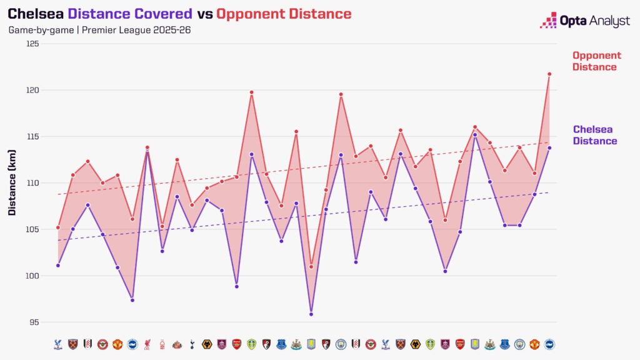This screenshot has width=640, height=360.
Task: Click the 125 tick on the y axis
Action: (x=32, y=44)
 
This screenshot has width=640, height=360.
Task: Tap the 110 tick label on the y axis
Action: (x=32, y=183)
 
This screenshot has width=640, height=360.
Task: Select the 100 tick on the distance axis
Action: (x=32, y=276)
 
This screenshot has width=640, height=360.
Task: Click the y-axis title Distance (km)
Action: (x=12, y=183)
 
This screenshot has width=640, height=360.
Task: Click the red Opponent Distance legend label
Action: (x=596, y=61)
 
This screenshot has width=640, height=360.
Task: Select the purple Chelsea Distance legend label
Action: (x=594, y=135)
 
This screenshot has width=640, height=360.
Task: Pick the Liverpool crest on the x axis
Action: (x=147, y=344)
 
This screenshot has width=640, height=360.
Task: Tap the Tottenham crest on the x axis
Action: (x=192, y=344)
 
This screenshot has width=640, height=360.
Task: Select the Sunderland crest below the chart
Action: (x=177, y=344)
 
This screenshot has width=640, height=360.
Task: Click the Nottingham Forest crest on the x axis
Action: (x=162, y=344)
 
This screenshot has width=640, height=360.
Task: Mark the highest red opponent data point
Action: (x=549, y=74)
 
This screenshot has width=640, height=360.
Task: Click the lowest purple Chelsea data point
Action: (x=311, y=314)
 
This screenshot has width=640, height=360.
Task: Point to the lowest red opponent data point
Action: (x=311, y=267)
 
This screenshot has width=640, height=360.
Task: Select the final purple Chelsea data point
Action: (x=549, y=148)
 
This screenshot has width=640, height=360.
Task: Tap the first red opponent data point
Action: (x=58, y=227)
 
